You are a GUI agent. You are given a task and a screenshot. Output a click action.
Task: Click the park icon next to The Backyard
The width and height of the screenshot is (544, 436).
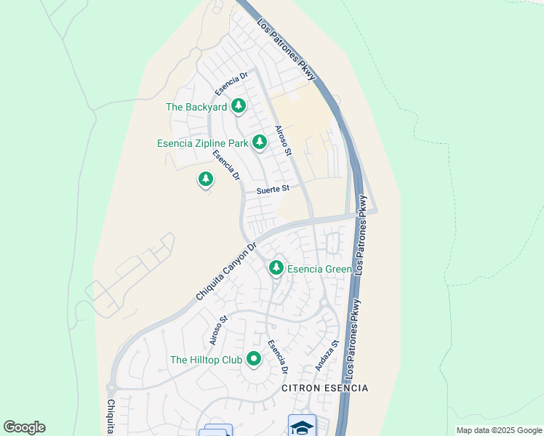tap(238, 107)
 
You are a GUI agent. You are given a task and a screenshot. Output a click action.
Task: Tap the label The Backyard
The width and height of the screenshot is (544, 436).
tap(196, 108)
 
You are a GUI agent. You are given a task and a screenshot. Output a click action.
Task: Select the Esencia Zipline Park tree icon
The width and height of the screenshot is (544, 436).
tap(260, 142)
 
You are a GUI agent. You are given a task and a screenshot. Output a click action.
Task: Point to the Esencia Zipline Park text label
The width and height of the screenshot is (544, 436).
tap(203, 143)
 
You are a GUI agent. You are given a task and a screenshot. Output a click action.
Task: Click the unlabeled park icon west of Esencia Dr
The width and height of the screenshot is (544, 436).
tap(206, 178)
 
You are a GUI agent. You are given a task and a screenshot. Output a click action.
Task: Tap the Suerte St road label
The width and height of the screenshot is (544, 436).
tap(273, 190)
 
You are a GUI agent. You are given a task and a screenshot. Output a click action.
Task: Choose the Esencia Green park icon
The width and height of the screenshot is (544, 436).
tap(276, 268)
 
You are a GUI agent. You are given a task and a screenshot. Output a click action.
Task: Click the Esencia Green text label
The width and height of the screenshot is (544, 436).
tap(320, 269)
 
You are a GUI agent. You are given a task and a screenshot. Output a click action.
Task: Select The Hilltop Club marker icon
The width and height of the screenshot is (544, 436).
tap(254, 359)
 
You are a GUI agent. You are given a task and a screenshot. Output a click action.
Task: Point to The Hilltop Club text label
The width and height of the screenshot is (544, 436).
tap(207, 360)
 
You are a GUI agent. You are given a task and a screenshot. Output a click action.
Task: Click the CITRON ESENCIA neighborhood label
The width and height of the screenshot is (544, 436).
tap(324, 388)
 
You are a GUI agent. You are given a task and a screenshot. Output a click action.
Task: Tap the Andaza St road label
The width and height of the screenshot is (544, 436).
tap(327, 356)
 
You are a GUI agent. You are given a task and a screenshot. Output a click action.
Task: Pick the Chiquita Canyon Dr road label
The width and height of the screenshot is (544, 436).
tap(227, 272)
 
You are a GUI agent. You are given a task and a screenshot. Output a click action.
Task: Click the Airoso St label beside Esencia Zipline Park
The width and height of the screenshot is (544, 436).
tap(283, 142)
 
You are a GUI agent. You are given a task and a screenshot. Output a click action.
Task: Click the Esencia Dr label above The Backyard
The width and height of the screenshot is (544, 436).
tap(232, 84)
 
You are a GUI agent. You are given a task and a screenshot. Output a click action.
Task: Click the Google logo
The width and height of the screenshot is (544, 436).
tap(24, 427)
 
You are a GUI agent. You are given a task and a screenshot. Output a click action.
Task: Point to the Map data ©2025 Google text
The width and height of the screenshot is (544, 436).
tap(499, 430)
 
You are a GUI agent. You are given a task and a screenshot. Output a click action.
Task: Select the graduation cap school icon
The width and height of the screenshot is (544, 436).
tap(302, 426)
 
